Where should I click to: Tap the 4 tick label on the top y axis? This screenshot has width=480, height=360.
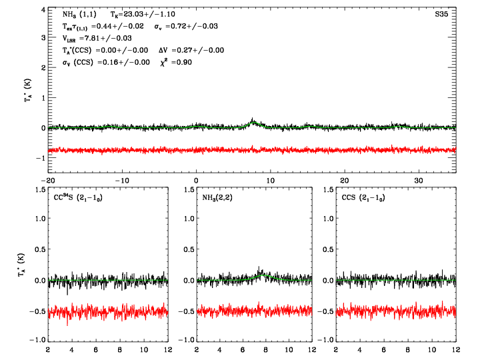tap(41, 10)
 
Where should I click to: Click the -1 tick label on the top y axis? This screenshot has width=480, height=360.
tap(39, 158)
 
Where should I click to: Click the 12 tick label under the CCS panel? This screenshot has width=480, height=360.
tap(456, 349)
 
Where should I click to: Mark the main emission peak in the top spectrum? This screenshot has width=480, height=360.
tap(253, 120)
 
